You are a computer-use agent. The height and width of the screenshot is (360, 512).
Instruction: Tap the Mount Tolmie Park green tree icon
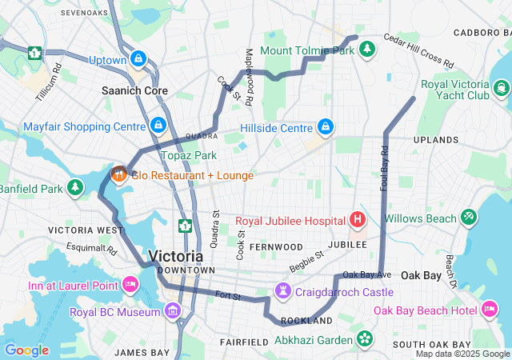367,50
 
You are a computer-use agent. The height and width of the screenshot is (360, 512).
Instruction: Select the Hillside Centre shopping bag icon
326,127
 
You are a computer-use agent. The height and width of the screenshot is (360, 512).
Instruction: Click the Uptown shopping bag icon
139,59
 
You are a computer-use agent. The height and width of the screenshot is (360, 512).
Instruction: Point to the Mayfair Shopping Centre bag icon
158,126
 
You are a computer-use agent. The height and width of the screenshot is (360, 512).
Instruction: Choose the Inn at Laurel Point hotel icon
130,285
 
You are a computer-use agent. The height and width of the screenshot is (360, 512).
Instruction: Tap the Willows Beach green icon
468,217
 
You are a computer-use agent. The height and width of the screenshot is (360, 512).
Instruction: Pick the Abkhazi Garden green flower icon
366,339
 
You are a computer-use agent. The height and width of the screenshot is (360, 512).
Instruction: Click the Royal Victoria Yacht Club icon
501,88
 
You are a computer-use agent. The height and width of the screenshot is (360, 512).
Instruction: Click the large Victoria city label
176,257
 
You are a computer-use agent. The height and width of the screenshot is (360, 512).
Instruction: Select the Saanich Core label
134,91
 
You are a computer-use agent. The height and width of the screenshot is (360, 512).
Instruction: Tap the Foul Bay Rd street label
385,167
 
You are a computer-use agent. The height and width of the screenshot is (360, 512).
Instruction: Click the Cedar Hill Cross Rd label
418,50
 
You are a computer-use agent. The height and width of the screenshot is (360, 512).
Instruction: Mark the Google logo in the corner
26,350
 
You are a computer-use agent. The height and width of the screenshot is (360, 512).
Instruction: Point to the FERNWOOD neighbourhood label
275,246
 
